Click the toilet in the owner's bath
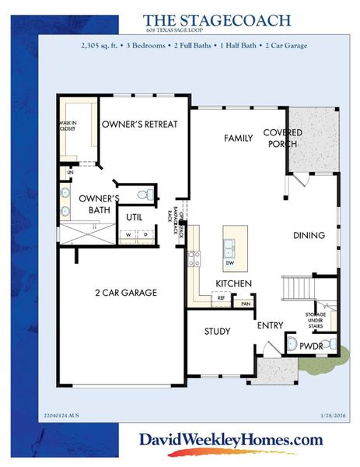[x=142, y=195]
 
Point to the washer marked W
[x=128, y=233]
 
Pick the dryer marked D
[x=145, y=233]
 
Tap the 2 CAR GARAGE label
[x=126, y=293]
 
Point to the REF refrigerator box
[x=222, y=297]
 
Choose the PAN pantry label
[x=245, y=304]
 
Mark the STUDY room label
[x=217, y=332]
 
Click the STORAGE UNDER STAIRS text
[x=315, y=318]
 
